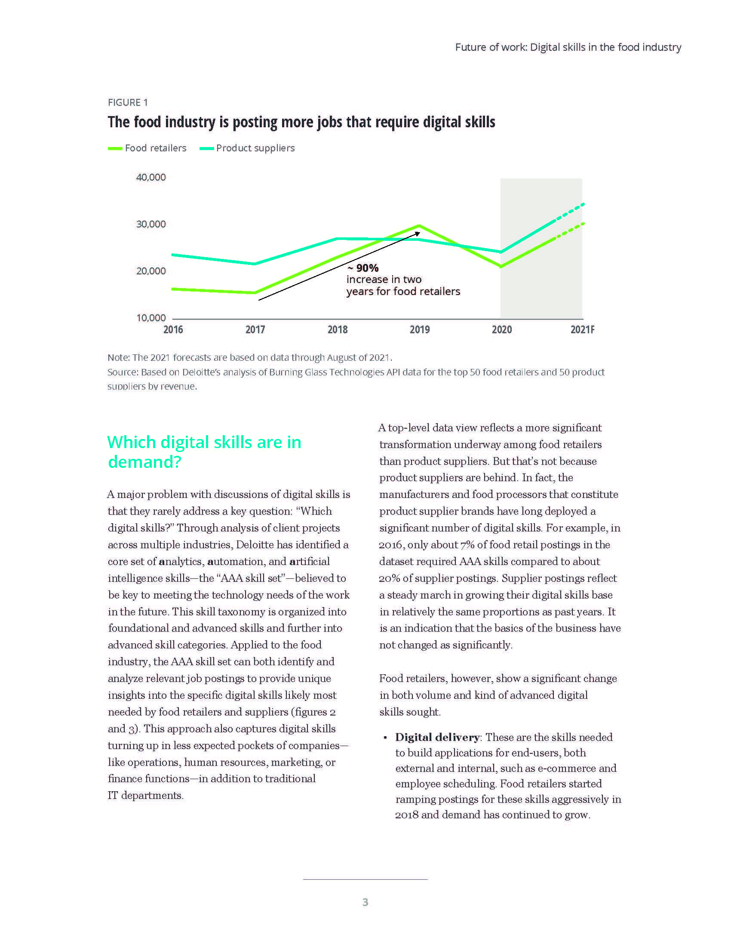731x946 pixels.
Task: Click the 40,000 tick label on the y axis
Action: (x=150, y=177)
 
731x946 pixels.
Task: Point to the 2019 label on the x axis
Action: (x=419, y=330)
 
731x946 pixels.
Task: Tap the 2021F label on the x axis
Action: (x=582, y=330)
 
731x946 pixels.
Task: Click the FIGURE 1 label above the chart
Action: (x=128, y=102)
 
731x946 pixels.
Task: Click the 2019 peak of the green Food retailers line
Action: (x=419, y=226)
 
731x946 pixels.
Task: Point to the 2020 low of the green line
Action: (x=501, y=267)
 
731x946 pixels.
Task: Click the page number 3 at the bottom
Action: (x=365, y=902)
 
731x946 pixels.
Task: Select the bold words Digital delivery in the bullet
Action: (x=437, y=737)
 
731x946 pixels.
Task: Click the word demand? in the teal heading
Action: (x=144, y=462)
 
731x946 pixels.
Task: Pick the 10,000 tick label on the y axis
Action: (x=150, y=318)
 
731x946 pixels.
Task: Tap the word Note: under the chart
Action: (x=118, y=357)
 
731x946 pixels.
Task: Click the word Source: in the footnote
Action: (x=123, y=372)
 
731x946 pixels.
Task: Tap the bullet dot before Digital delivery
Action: (x=385, y=737)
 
